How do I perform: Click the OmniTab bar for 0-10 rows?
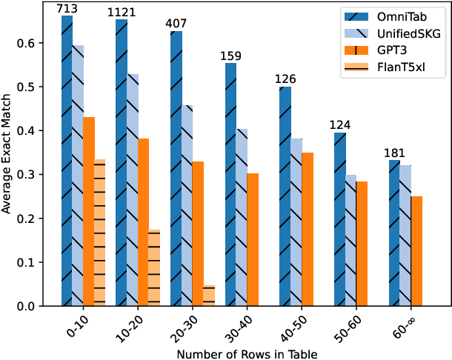pos(67,160)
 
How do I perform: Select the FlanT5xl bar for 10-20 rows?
pos(154,267)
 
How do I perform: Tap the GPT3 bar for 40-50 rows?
pos(308,229)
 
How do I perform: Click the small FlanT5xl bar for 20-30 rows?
pos(209,295)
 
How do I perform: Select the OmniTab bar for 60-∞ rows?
pos(394,233)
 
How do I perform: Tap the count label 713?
pos(67,9)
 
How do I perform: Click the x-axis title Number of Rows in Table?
pos(247,353)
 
